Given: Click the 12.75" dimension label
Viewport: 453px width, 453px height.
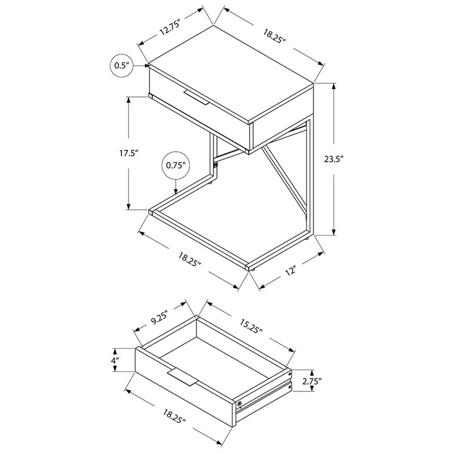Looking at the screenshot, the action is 171,27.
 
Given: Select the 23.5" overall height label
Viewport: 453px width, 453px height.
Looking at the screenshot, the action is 334,159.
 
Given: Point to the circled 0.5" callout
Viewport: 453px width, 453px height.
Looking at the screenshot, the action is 121,66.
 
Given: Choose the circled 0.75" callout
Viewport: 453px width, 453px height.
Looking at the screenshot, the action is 176,165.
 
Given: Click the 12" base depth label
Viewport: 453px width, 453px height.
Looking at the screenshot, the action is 291,271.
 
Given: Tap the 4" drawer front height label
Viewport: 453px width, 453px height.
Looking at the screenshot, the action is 116,360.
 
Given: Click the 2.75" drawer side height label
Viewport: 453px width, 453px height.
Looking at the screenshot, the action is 313,381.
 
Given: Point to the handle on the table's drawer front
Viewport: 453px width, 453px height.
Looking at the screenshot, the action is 196,97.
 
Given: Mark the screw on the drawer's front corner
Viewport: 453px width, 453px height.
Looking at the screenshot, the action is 240,404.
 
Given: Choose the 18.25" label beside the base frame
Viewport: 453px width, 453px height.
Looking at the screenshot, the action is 190,259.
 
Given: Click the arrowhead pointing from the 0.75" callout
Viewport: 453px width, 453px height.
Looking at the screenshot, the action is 176,191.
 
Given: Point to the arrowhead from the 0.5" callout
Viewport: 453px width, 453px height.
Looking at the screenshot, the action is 147,66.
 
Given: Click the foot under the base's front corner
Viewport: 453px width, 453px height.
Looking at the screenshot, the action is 252,270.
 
